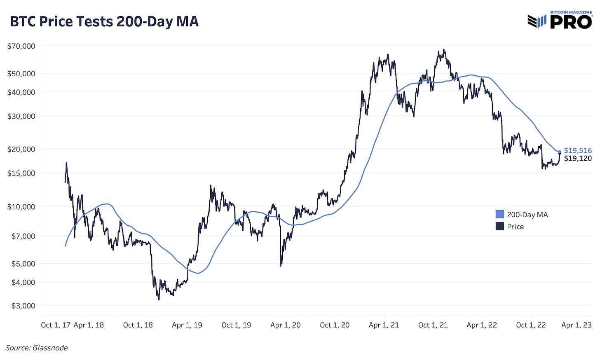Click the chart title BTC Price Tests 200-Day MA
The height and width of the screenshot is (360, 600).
tap(104, 21)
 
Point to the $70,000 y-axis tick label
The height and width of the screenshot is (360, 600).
tap(21, 46)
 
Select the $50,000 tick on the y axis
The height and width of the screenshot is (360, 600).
tap(21, 73)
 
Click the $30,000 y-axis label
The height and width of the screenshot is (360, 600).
tap(21, 116)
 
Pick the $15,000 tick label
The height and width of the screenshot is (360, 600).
tap(21, 173)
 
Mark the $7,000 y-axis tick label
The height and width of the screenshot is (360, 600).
tap(23, 236)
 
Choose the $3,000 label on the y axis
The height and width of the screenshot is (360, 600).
tap(23, 306)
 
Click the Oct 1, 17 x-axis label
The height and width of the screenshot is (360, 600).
tap(56, 325)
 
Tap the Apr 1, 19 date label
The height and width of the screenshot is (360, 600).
tap(187, 325)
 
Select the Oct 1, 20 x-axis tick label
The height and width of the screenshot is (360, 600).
tap(335, 325)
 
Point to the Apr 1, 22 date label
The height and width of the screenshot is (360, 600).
tap(482, 325)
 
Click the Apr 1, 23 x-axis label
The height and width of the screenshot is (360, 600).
tap(577, 325)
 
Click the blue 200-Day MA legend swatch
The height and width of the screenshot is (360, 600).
tap(499, 214)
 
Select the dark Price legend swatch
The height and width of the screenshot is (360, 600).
tap(499, 226)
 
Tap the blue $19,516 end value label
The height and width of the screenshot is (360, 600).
tap(578, 150)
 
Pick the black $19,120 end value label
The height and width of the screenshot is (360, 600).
tap(578, 158)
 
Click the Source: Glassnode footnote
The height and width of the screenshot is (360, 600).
tap(37, 348)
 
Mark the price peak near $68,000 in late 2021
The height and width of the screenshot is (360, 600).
tap(444, 50)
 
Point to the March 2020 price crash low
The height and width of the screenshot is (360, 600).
tap(281, 266)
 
